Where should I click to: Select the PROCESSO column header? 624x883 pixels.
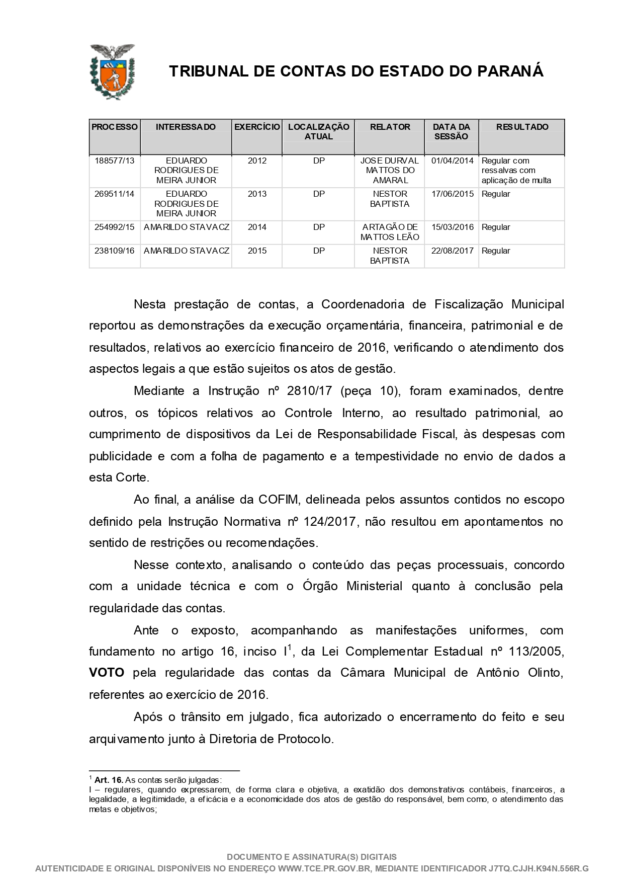click(115, 127)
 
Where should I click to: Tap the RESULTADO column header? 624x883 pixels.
click(522, 127)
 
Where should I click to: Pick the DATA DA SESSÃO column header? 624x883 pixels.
click(452, 132)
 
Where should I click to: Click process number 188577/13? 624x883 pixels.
click(115, 161)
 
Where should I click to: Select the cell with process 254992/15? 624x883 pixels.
click(115, 227)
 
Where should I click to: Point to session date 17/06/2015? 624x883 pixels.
click(452, 194)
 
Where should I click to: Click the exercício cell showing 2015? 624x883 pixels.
click(257, 251)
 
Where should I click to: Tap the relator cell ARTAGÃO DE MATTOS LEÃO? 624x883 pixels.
click(390, 232)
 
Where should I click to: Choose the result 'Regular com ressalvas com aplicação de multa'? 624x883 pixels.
click(516, 171)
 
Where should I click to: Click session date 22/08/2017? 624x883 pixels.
click(452, 251)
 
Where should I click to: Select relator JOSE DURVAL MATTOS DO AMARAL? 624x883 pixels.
click(390, 171)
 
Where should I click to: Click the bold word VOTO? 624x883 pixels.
click(107, 673)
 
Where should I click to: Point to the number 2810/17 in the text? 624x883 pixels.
click(307, 391)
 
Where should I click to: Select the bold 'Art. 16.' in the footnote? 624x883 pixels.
click(109, 780)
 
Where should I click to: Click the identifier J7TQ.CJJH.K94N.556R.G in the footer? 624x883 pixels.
click(538, 868)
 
